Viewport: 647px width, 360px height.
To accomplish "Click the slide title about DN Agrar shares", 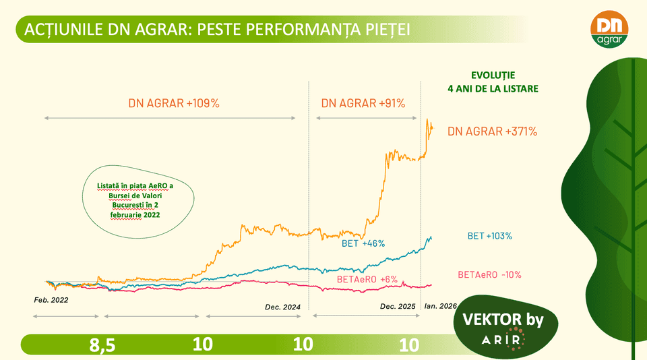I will (x=216, y=30).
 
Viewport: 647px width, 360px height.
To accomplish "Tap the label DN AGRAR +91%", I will (x=363, y=103).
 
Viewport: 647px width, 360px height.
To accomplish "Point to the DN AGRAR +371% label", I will (x=492, y=131).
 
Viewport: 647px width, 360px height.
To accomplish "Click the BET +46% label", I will (x=363, y=243).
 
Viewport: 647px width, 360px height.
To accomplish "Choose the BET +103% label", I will (x=490, y=236).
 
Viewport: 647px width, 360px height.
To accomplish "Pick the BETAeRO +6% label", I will (x=367, y=278).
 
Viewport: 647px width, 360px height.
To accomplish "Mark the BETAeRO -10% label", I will (x=489, y=274).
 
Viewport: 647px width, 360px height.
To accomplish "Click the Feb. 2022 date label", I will (x=51, y=298).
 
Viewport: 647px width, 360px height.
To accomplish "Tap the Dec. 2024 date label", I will (x=282, y=307).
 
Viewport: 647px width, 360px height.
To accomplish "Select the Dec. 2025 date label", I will (x=398, y=306).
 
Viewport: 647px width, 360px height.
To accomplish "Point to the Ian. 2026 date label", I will (x=439, y=306).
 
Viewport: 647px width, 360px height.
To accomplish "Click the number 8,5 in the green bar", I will (x=102, y=345).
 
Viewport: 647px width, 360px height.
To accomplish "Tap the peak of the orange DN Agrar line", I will (x=427, y=120).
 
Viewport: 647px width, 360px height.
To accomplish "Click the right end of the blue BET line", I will (x=431, y=237).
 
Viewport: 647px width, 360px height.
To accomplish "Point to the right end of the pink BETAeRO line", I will (x=431, y=285).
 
